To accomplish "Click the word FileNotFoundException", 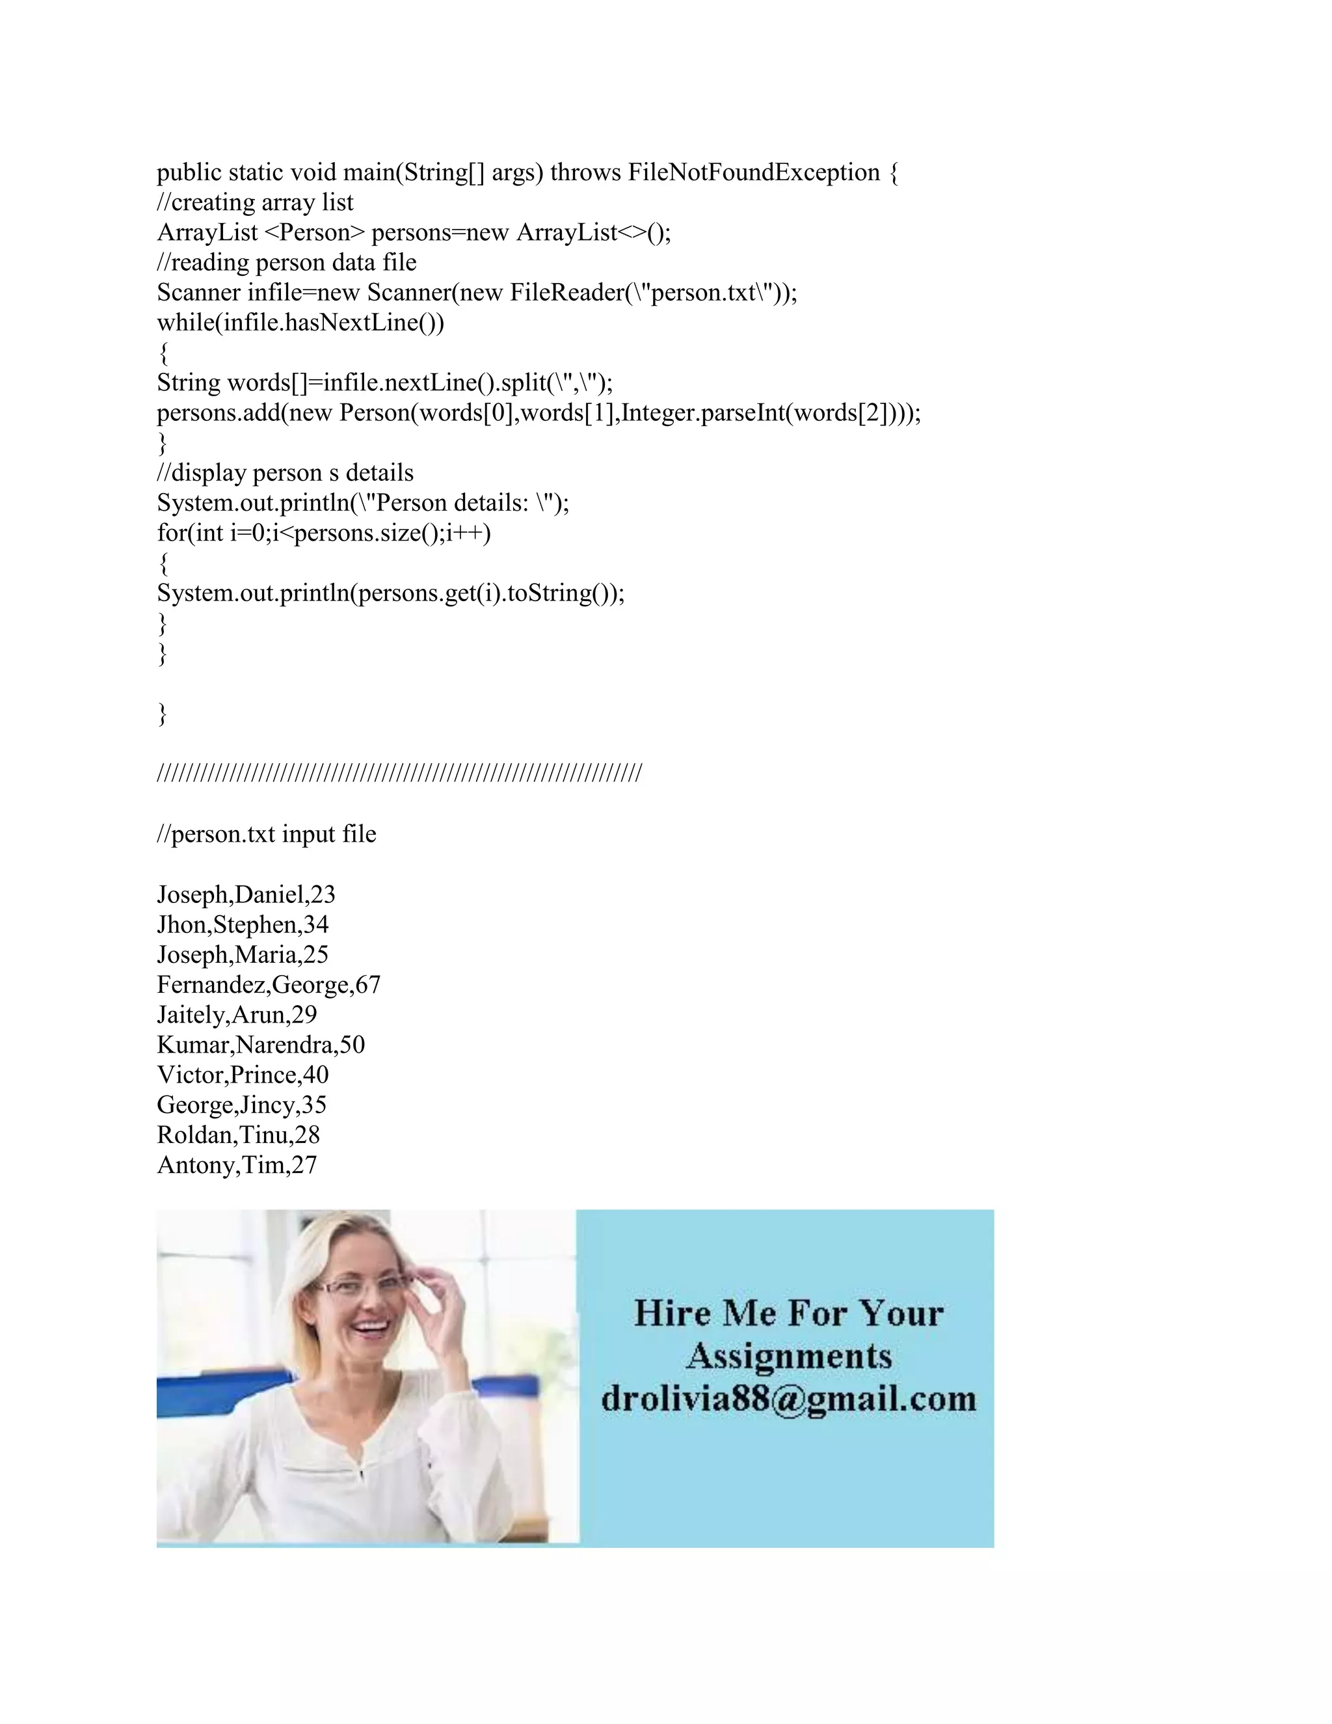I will [754, 172].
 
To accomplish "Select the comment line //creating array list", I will [255, 203].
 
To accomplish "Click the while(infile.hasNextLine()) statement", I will [300, 323].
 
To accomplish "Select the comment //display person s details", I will [285, 473].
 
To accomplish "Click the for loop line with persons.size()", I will [323, 533].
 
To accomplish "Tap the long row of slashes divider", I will [399, 773].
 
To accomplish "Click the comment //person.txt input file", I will [266, 835].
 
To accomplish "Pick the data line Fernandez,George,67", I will [269, 985].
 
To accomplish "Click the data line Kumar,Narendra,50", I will [260, 1045].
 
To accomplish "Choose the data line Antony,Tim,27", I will [237, 1165].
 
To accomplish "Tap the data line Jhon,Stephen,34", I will [242, 924].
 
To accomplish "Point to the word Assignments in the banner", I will [788, 1356].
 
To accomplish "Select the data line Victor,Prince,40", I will [242, 1075].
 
